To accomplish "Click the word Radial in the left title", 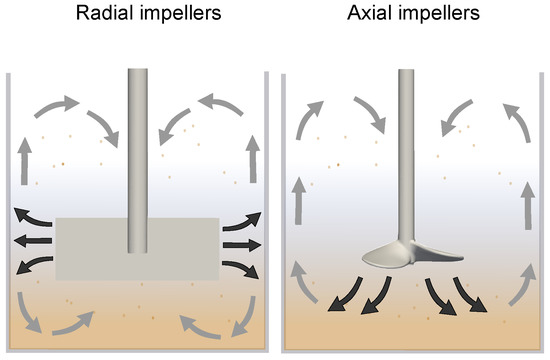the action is pyautogui.click(x=105, y=13).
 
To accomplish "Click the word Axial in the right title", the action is pyautogui.click(x=371, y=13).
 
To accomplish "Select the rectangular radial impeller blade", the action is pyautogui.click(x=138, y=249).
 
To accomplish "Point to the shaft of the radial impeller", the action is pyautogui.click(x=138, y=160).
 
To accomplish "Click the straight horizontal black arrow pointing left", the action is pyautogui.click(x=33, y=241).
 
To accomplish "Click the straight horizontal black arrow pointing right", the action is pyautogui.click(x=242, y=245).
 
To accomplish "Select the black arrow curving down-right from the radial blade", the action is pyautogui.click(x=241, y=268).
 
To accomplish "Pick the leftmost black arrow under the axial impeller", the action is pyautogui.click(x=346, y=294).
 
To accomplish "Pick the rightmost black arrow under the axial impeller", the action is pyautogui.click(x=469, y=295).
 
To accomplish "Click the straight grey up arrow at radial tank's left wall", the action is pyautogui.click(x=24, y=161).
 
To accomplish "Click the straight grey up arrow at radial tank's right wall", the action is pyautogui.click(x=253, y=159).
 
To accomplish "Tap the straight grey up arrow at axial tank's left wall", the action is pyautogui.click(x=299, y=201).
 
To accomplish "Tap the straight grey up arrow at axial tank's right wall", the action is pyautogui.click(x=528, y=206).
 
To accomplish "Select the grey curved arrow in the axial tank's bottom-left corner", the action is pyautogui.click(x=302, y=282).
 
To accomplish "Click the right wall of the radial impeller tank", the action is pyautogui.click(x=267, y=211).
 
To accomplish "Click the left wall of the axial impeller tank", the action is pyautogui.click(x=283, y=212).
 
